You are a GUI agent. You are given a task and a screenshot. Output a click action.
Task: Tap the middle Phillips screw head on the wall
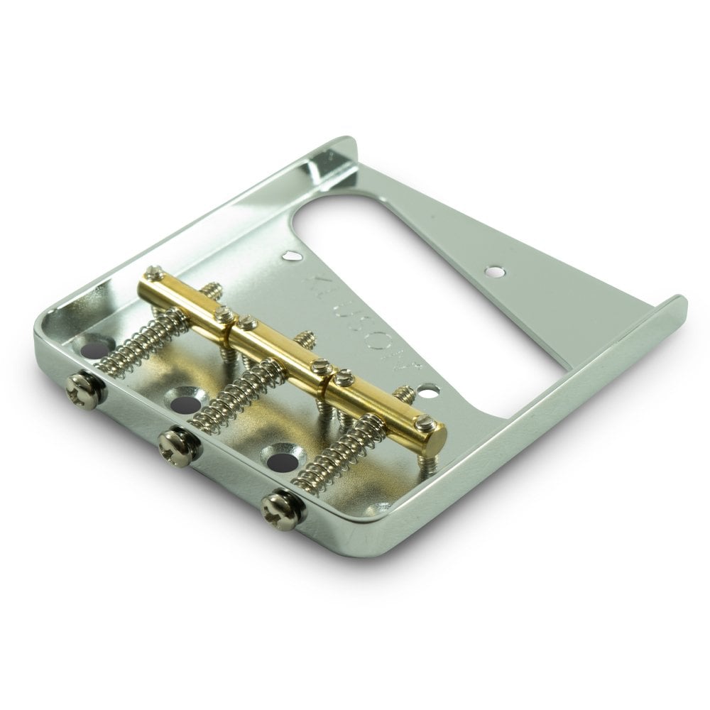tap(173, 446)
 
